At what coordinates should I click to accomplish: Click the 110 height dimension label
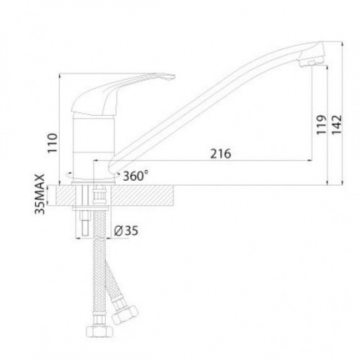pos(53,143)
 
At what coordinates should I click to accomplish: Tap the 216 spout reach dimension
pos(220,153)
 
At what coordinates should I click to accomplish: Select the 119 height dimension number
pos(322,125)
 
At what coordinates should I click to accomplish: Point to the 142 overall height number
pos(336,125)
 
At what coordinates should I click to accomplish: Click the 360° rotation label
pos(135,176)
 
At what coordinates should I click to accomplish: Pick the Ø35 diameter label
pos(126,231)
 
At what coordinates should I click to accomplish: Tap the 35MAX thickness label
pos(40,194)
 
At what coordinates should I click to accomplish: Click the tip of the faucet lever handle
pos(174,77)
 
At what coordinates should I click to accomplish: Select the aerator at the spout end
pos(310,63)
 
